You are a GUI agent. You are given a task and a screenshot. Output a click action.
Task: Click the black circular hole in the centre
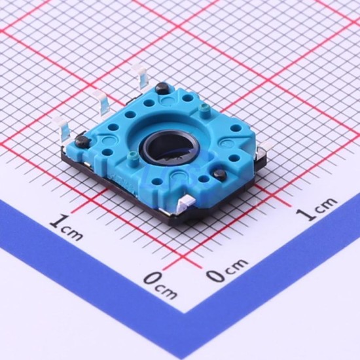tap(168, 147)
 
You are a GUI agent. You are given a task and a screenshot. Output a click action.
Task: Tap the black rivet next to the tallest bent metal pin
tap(162, 88)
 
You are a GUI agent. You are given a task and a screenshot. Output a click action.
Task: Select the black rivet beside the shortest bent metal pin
tap(82, 141)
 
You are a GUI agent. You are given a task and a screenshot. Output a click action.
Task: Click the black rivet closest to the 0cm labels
tap(219, 174)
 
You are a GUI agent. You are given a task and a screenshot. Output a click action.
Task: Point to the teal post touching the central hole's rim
tap(132, 157)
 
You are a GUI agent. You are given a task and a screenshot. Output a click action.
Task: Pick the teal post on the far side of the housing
tap(204, 109)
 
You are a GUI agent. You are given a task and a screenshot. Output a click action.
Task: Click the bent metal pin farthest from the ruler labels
tap(141, 76)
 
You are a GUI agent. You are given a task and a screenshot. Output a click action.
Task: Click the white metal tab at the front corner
tap(187, 202)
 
